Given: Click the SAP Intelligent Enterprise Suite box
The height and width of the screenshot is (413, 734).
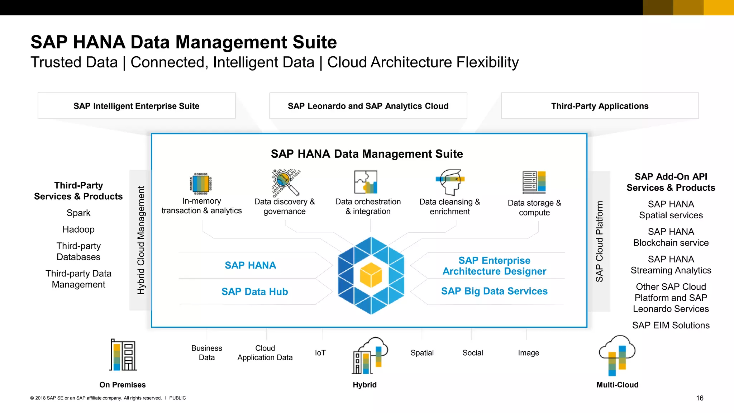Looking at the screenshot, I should click(x=137, y=106).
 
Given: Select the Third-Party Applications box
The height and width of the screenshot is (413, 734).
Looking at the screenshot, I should click(x=600, y=106).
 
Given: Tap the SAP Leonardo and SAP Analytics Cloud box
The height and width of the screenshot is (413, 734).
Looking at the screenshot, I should click(x=368, y=106).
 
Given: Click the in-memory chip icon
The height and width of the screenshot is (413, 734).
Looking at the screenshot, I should click(x=201, y=183).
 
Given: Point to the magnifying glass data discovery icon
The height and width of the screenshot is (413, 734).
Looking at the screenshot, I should click(x=286, y=182).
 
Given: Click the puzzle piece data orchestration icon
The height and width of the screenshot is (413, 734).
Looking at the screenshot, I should click(x=366, y=182).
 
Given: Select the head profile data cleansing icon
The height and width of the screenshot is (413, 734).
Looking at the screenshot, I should click(x=450, y=182).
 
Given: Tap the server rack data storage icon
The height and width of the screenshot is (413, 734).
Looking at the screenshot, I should click(x=534, y=182).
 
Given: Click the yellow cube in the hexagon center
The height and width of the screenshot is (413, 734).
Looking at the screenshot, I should click(x=371, y=275).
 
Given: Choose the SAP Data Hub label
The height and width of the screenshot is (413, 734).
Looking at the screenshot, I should click(x=254, y=291).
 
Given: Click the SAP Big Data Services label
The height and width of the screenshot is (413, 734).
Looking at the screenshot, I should click(x=494, y=291).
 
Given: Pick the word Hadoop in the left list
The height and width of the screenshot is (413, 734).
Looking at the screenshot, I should click(x=78, y=229).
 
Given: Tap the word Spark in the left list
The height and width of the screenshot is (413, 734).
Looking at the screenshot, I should click(x=78, y=213).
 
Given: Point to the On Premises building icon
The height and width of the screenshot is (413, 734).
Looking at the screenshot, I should click(x=123, y=355).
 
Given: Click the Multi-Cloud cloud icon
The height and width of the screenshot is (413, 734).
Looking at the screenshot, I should click(x=617, y=355).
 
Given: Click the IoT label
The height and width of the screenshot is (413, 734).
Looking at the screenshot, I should click(x=320, y=353).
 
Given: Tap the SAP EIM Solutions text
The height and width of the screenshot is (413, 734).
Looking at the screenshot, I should click(x=671, y=325).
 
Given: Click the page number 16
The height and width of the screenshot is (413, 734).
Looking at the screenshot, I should click(x=700, y=398).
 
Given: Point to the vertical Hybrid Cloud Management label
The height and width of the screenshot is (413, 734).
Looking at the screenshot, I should click(x=141, y=240).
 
